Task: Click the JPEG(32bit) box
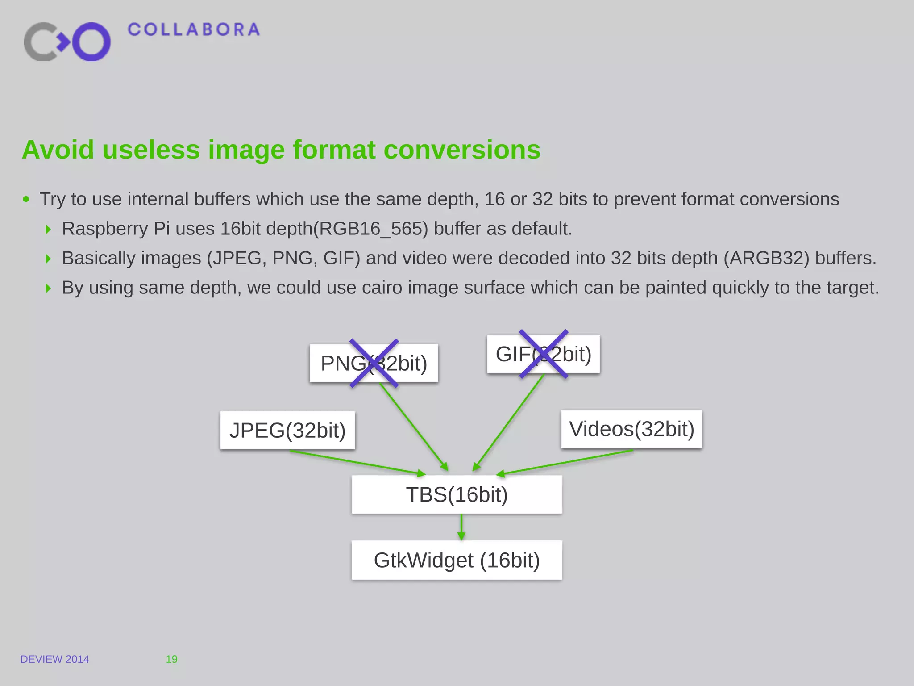pyautogui.click(x=287, y=430)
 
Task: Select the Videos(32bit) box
pyautogui.click(x=631, y=429)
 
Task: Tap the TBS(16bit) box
pyautogui.click(x=457, y=494)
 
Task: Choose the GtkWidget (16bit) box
pyautogui.click(x=457, y=560)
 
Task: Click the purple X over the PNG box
pyautogui.click(x=374, y=363)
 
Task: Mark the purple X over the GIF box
pyautogui.click(x=544, y=354)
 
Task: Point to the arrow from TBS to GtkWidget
pyautogui.click(x=461, y=527)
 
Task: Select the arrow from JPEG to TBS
pyautogui.click(x=357, y=463)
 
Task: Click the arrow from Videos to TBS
pyautogui.click(x=565, y=463)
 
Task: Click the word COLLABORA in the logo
pyautogui.click(x=193, y=30)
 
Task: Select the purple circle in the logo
pyautogui.click(x=91, y=42)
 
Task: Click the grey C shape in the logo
pyautogui.click(x=38, y=42)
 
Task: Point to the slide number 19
pyautogui.click(x=171, y=659)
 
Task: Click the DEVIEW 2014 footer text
pyautogui.click(x=55, y=659)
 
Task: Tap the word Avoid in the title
pyautogui.click(x=58, y=150)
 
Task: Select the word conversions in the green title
pyautogui.click(x=462, y=150)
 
